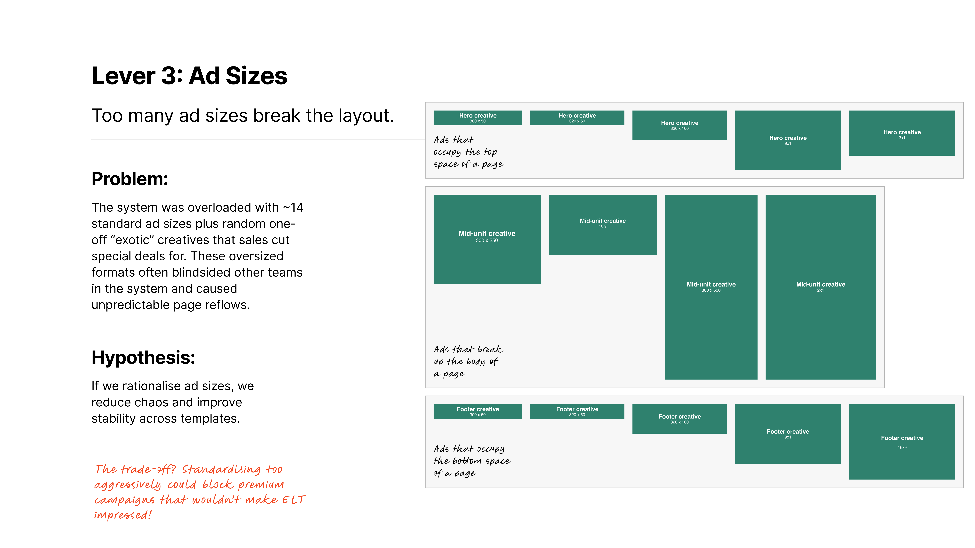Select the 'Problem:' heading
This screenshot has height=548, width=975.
pos(130,179)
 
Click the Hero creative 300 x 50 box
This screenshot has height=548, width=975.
pos(478,118)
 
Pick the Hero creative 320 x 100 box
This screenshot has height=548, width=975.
pos(679,125)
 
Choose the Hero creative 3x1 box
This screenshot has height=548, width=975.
pos(902,133)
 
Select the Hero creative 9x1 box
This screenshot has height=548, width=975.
pos(788,140)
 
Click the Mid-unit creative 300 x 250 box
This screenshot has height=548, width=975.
pos(487,239)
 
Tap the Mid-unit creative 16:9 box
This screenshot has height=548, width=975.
pos(603,225)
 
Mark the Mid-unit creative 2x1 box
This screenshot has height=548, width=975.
pos(821,287)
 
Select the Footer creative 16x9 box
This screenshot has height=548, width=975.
pos(902,442)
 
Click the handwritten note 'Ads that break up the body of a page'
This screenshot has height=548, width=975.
pos(468,361)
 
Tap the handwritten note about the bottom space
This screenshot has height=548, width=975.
pos(472,461)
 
